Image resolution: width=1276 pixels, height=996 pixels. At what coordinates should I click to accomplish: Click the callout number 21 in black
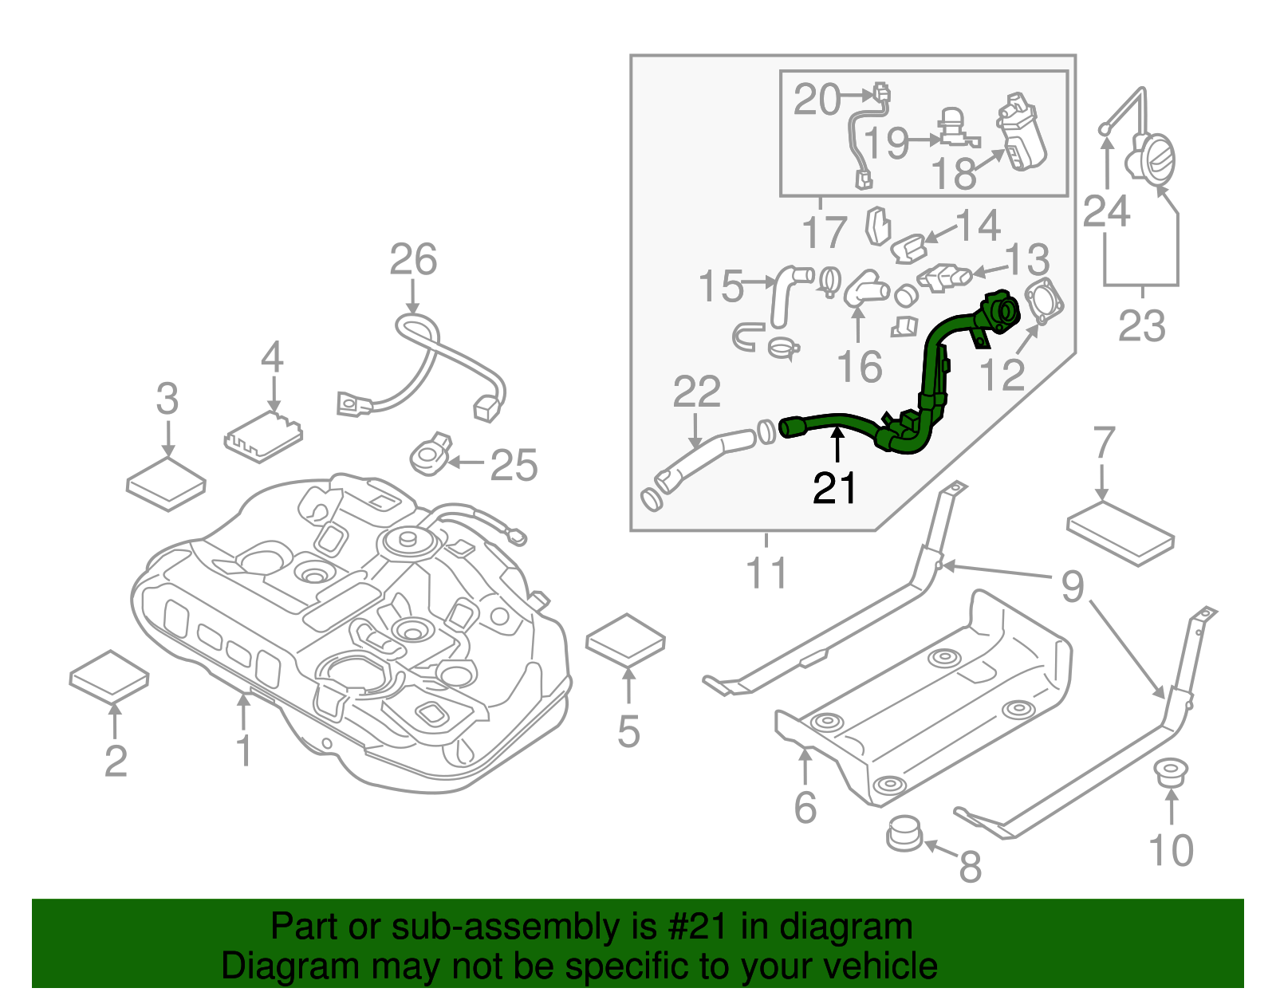click(x=834, y=488)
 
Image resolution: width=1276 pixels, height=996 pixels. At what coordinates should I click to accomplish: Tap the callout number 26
click(x=413, y=259)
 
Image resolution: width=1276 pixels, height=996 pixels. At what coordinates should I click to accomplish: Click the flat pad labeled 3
click(x=166, y=483)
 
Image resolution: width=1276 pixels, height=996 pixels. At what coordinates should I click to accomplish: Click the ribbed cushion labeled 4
click(x=263, y=436)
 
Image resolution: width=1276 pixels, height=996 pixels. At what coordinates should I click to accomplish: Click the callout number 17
click(x=824, y=233)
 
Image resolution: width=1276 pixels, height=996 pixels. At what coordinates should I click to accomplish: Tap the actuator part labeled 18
click(x=1022, y=134)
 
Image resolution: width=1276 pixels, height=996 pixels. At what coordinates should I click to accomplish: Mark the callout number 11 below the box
click(x=766, y=573)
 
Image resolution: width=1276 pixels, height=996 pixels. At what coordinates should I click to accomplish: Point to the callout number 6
click(x=805, y=807)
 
